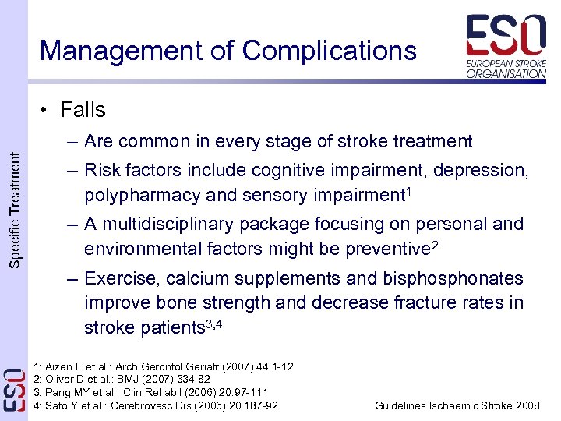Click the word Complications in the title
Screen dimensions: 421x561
(x=329, y=51)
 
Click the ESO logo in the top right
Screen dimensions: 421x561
(x=506, y=46)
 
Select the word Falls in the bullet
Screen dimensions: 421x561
(x=83, y=110)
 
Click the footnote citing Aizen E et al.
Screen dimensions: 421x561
(x=164, y=366)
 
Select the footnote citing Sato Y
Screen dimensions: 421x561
(x=157, y=405)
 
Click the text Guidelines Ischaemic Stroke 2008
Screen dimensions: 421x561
(x=457, y=405)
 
